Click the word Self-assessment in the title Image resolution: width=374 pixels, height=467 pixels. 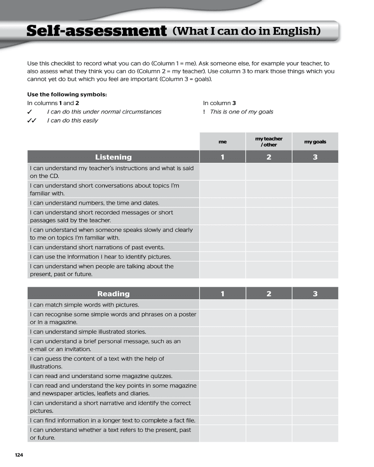96,31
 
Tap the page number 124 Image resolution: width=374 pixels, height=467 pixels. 19,455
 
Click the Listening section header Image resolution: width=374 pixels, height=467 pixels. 113,157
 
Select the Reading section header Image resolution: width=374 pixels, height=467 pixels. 113,294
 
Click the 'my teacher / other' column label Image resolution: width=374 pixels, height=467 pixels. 269,142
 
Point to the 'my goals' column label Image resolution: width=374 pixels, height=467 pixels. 315,142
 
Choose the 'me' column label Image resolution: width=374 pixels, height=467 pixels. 223,142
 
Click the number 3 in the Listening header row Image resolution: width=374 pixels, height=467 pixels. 315,157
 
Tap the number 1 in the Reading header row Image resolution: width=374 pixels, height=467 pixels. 223,294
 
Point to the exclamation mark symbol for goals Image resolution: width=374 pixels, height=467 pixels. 204,112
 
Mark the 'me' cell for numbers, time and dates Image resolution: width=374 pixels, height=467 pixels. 223,203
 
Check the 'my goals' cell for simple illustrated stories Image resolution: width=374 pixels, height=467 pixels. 315,332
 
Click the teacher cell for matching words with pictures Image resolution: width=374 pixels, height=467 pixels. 269,304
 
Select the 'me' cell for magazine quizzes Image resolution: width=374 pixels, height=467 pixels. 223,376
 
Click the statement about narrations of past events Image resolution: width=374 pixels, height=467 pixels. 97,248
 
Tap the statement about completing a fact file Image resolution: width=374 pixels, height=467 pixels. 112,420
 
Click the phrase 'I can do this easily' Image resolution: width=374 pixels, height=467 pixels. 72,120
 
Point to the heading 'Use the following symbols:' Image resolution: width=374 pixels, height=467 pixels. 67,94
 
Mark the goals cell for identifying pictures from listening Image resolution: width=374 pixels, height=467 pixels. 315,257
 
